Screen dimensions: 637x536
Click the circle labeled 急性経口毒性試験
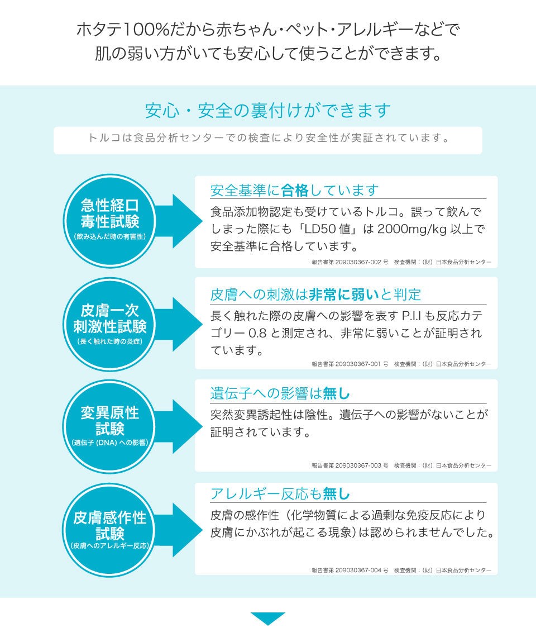[109, 221]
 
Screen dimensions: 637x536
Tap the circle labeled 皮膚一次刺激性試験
[109, 324]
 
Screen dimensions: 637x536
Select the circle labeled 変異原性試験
[109, 426]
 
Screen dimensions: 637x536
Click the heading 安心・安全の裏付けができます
[267, 111]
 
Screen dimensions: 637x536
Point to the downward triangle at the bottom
[267, 618]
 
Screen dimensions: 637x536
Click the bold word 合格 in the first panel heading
[295, 191]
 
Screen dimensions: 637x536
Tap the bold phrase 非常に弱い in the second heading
[344, 294]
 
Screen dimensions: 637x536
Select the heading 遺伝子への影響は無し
[280, 394]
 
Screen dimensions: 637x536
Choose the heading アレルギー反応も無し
[280, 494]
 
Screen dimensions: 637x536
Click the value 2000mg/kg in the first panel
[411, 229]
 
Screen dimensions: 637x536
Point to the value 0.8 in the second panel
[257, 333]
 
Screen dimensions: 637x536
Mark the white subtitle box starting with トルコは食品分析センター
[267, 140]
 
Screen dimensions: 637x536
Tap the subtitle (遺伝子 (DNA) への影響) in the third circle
[109, 443]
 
